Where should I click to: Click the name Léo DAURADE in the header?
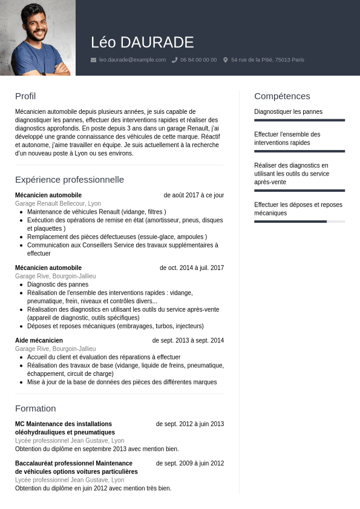point(142,42)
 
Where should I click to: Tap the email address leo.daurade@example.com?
point(133,60)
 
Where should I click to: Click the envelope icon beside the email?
point(93,60)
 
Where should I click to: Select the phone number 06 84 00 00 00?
point(198,60)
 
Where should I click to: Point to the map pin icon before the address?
point(226,60)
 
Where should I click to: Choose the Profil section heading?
point(25,96)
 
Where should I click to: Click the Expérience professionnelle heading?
point(70,180)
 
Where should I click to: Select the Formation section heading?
point(36,409)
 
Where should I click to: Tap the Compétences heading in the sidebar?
point(282,96)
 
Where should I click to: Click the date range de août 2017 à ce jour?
point(194,195)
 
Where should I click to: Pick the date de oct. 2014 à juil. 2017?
point(192,268)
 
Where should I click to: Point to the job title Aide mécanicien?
point(39,341)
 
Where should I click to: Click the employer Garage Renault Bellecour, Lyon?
point(58,204)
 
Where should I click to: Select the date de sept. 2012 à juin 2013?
point(190,424)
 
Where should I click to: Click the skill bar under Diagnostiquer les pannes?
point(299,120)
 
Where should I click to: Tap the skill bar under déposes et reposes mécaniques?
point(299,222)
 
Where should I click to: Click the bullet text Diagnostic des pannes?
point(57,284)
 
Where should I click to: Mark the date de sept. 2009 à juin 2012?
point(190,464)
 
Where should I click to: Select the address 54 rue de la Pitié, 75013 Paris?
point(267,60)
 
